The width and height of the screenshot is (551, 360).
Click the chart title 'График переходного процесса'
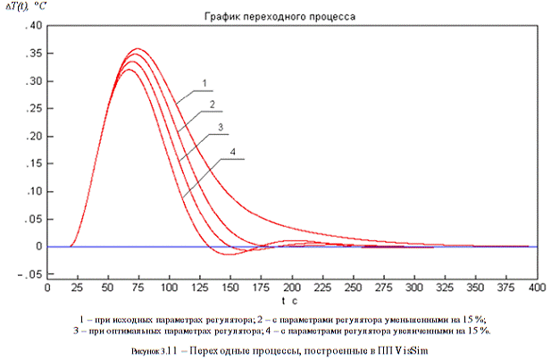point(293,17)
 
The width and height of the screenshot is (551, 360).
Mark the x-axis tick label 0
point(46,289)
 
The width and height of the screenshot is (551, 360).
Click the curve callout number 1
point(205,83)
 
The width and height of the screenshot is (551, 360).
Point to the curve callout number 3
point(220,130)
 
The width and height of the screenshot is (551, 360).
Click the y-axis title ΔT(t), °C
point(26,7)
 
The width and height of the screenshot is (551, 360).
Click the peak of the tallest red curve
point(138,48)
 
